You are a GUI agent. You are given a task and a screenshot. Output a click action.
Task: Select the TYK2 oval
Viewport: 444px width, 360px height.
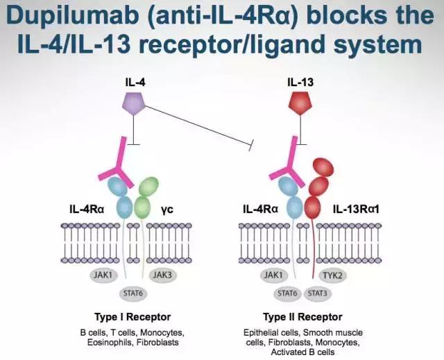[x=337, y=275]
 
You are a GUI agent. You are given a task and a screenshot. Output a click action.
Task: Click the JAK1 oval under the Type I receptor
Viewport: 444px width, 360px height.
[x=102, y=275]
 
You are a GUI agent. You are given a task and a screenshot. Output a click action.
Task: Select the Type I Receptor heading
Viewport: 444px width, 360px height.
[x=132, y=318]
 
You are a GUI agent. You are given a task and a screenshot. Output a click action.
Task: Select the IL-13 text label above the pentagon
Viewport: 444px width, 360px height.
[x=300, y=82]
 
